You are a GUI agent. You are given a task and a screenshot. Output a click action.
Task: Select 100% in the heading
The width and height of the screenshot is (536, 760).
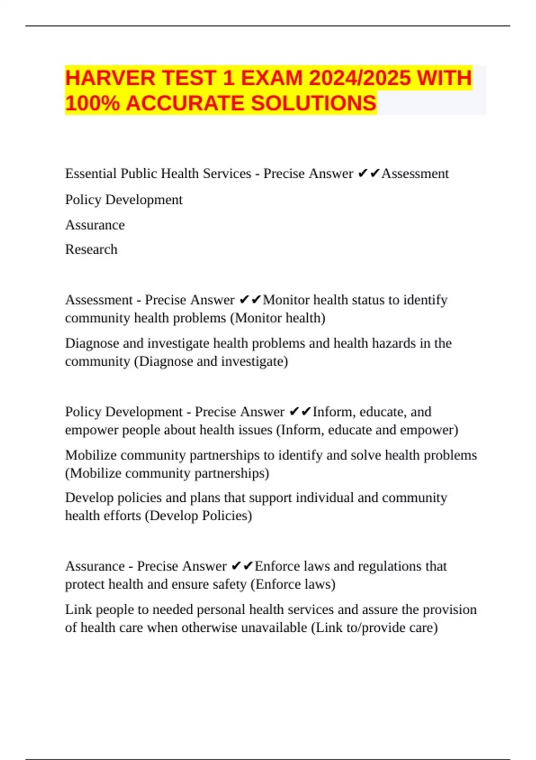[92, 103]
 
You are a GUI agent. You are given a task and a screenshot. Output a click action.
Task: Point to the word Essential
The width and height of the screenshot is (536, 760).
[91, 173]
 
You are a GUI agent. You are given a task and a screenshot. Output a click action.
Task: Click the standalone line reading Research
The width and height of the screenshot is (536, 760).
[91, 249]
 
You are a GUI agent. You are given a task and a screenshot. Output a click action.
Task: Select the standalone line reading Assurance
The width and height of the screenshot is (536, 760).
[95, 225]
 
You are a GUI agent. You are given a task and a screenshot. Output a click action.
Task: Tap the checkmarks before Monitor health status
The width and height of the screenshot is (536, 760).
[250, 300]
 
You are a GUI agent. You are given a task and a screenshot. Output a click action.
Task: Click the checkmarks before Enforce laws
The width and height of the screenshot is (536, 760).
[242, 566]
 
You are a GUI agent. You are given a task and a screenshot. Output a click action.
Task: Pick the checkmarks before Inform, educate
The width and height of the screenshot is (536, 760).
[300, 412]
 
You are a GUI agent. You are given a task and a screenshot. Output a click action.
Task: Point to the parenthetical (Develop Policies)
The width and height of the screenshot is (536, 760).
[198, 516]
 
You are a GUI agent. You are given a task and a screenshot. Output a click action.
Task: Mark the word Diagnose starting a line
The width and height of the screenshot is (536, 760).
[92, 343]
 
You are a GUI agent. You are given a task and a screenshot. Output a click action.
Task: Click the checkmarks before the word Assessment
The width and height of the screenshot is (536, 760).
[369, 173]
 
